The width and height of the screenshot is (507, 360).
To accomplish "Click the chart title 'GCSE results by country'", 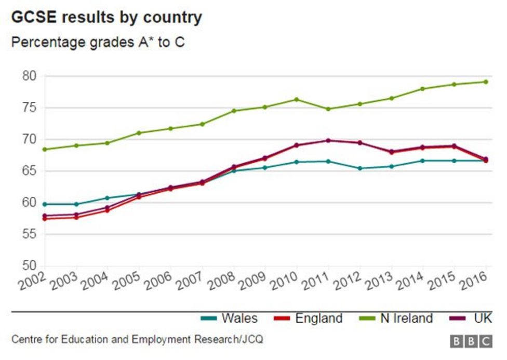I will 106,17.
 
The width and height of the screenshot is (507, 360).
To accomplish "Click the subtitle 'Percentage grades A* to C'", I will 98,42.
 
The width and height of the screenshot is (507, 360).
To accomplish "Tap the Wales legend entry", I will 229,318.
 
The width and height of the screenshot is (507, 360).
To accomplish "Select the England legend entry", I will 309,318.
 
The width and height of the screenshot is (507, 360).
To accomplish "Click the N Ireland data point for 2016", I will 486,82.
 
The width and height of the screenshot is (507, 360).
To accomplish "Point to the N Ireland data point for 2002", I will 45,149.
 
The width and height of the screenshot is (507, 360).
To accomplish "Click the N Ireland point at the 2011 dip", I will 328,109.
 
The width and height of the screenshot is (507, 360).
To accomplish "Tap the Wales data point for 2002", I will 45,204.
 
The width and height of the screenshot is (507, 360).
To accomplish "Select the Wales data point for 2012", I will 359,168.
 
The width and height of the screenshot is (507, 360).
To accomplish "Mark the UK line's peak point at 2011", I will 328,140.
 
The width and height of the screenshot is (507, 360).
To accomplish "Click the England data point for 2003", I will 77,217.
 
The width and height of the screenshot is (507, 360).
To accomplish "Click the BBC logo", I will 471,341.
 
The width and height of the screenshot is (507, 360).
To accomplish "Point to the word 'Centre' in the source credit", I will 26,340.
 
